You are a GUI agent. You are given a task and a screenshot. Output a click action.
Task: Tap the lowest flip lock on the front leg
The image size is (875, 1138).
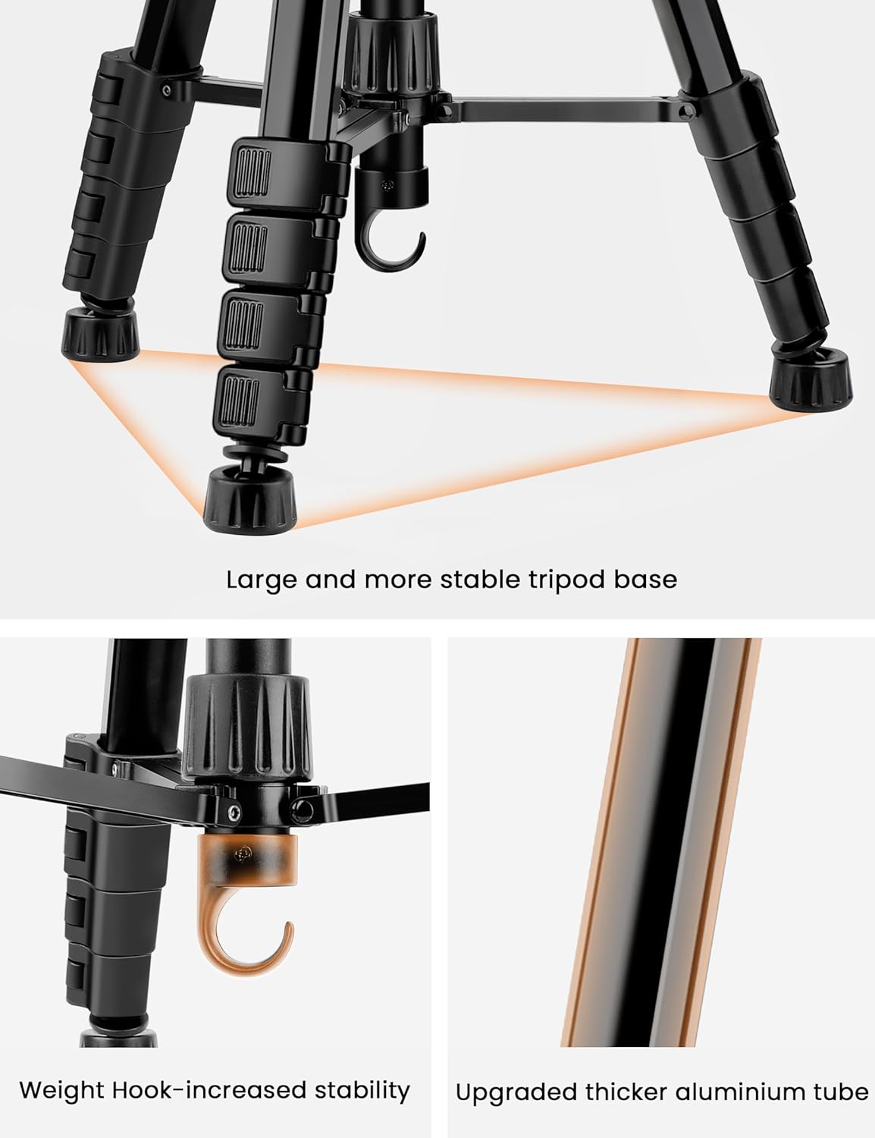[x=259, y=401]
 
